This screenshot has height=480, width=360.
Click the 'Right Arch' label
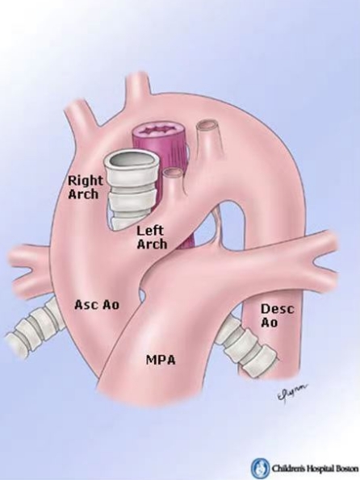click(x=85, y=186)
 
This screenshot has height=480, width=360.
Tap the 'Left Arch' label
click(x=152, y=237)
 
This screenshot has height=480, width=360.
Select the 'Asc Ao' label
click(x=97, y=305)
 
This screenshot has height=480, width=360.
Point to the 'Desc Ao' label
click(x=278, y=315)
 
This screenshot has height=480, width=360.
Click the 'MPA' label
click(x=161, y=360)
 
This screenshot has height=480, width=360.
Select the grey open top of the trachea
click(x=132, y=161)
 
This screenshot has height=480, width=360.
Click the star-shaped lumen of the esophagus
click(x=159, y=131)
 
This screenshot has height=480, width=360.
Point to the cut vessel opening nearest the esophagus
click(x=174, y=173)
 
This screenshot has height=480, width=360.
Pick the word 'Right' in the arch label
click(x=86, y=181)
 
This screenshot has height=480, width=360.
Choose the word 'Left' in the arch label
click(x=150, y=231)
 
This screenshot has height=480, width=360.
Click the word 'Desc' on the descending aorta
click(x=278, y=309)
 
